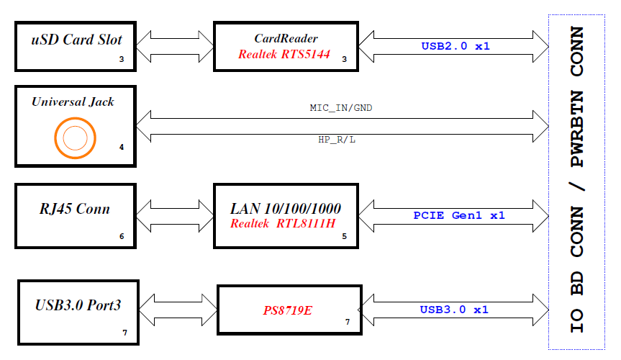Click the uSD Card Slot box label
pos(76,40)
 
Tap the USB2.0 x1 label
pos(455,46)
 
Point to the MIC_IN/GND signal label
pos(340,108)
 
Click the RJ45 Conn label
pos(75,210)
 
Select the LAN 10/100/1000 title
pos(286,209)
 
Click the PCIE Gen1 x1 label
pos(459,215)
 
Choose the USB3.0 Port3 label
pos(78,305)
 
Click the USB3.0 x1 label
pos(454,310)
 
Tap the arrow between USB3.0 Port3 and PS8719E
pos(178,310)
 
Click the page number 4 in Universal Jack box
pos(122,148)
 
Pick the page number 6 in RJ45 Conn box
pos(122,236)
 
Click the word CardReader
pos(286,39)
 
